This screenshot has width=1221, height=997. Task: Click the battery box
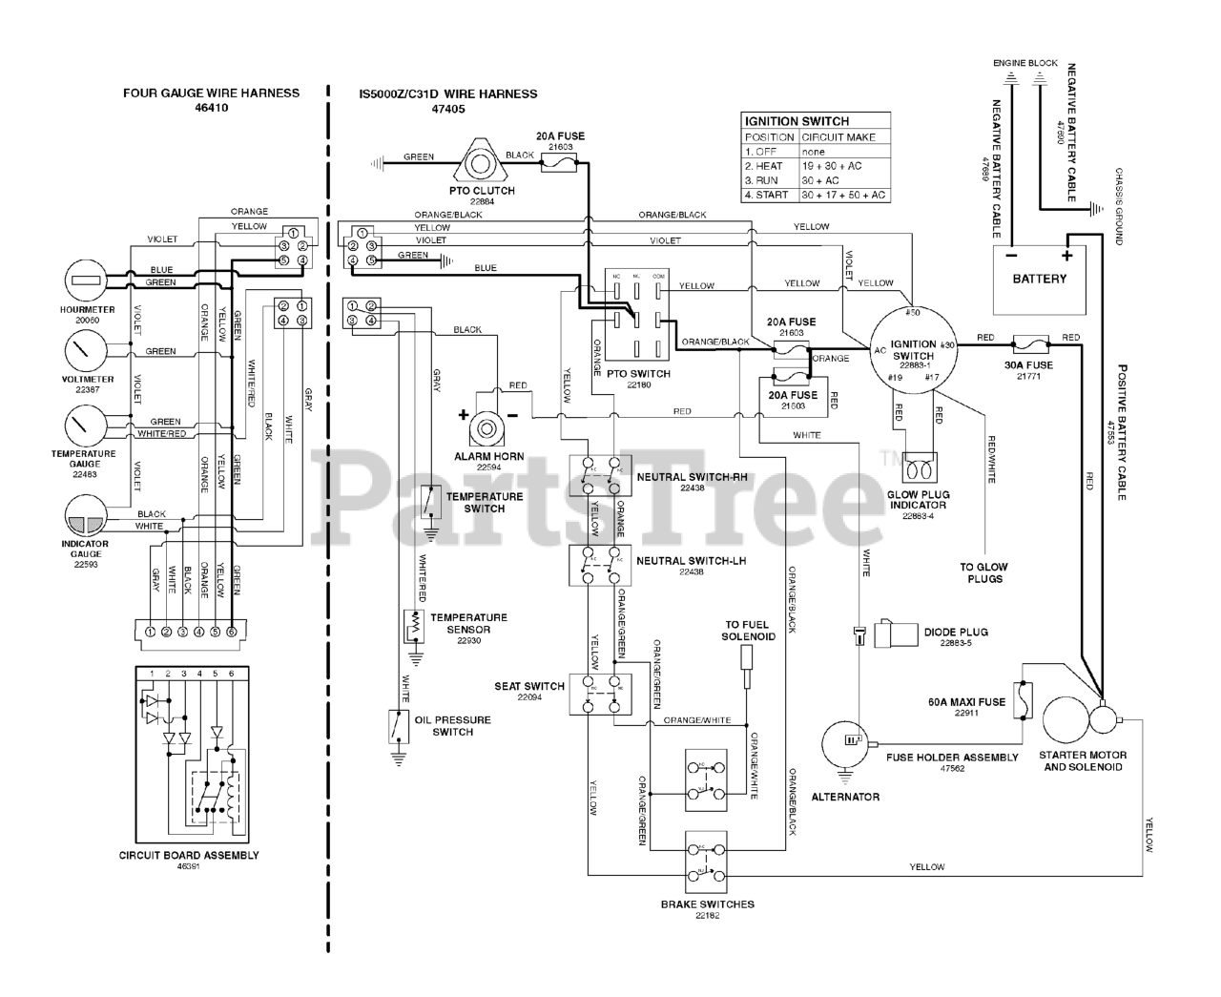(1039, 279)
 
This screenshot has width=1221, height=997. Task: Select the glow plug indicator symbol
(920, 470)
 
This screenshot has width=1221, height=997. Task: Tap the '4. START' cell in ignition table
(769, 195)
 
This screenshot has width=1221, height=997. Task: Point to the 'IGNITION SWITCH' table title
(797, 121)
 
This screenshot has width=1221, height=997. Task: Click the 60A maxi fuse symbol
(1024, 701)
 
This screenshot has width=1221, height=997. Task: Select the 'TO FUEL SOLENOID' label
(748, 631)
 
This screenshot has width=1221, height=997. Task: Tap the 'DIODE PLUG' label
(956, 632)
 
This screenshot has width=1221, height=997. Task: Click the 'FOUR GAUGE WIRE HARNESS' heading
(211, 93)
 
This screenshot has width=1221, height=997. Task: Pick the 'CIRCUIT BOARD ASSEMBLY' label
(189, 855)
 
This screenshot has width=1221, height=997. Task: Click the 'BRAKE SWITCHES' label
(707, 904)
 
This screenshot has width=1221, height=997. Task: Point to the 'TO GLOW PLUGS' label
(983, 572)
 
